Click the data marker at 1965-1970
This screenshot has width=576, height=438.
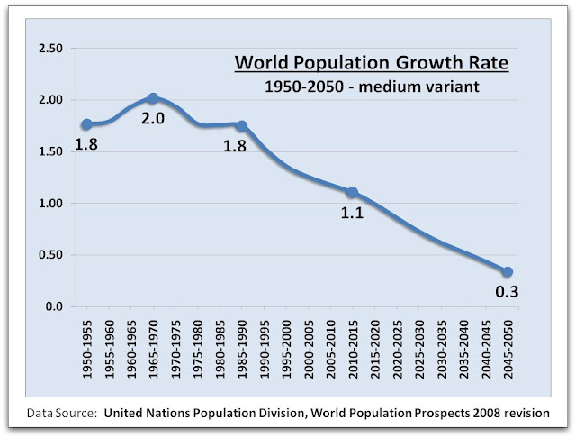pos(152,98)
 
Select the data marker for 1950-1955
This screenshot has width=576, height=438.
pos(86,124)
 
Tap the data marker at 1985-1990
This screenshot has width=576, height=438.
pos(240,125)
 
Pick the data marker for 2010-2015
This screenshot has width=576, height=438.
pos(352,192)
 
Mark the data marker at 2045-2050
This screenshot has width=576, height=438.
pos(508,272)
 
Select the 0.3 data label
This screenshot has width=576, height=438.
pos(508,291)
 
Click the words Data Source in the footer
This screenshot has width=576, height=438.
pos(60,414)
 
